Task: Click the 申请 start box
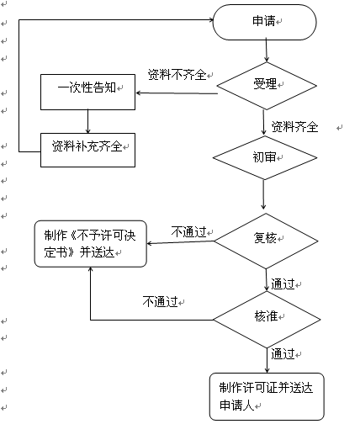click(x=265, y=22)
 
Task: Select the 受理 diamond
click(x=267, y=86)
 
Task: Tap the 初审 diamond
click(x=265, y=157)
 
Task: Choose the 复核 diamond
click(x=266, y=241)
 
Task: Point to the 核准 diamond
click(x=267, y=320)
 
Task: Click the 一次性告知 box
click(x=87, y=92)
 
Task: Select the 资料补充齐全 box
click(x=87, y=150)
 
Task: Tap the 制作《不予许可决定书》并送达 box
click(x=91, y=244)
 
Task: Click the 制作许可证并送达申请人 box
click(x=267, y=396)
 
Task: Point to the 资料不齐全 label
click(x=177, y=75)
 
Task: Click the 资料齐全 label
click(x=294, y=127)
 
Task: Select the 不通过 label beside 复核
click(x=188, y=232)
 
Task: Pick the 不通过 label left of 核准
click(x=160, y=302)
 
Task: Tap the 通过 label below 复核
click(x=283, y=284)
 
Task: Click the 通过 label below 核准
click(x=283, y=354)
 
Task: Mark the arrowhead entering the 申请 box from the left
click(x=211, y=19)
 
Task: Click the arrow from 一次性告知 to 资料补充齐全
click(x=87, y=121)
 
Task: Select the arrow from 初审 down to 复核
click(x=263, y=194)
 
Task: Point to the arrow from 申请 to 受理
click(x=267, y=50)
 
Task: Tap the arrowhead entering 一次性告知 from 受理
click(x=139, y=93)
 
